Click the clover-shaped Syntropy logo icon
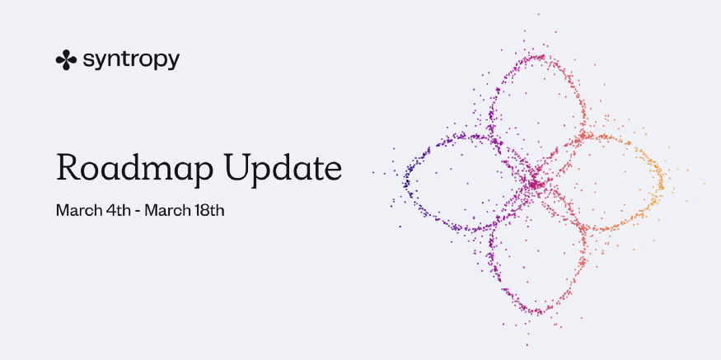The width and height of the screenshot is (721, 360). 66,60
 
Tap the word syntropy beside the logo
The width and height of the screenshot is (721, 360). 130,61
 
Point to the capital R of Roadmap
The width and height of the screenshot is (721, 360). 68,167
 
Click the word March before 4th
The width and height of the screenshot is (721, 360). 75,210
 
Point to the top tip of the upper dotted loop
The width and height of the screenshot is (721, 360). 537,57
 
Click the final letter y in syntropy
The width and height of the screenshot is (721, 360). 174,63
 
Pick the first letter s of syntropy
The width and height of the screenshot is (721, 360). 87,61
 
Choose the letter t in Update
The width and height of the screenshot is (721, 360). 316,168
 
